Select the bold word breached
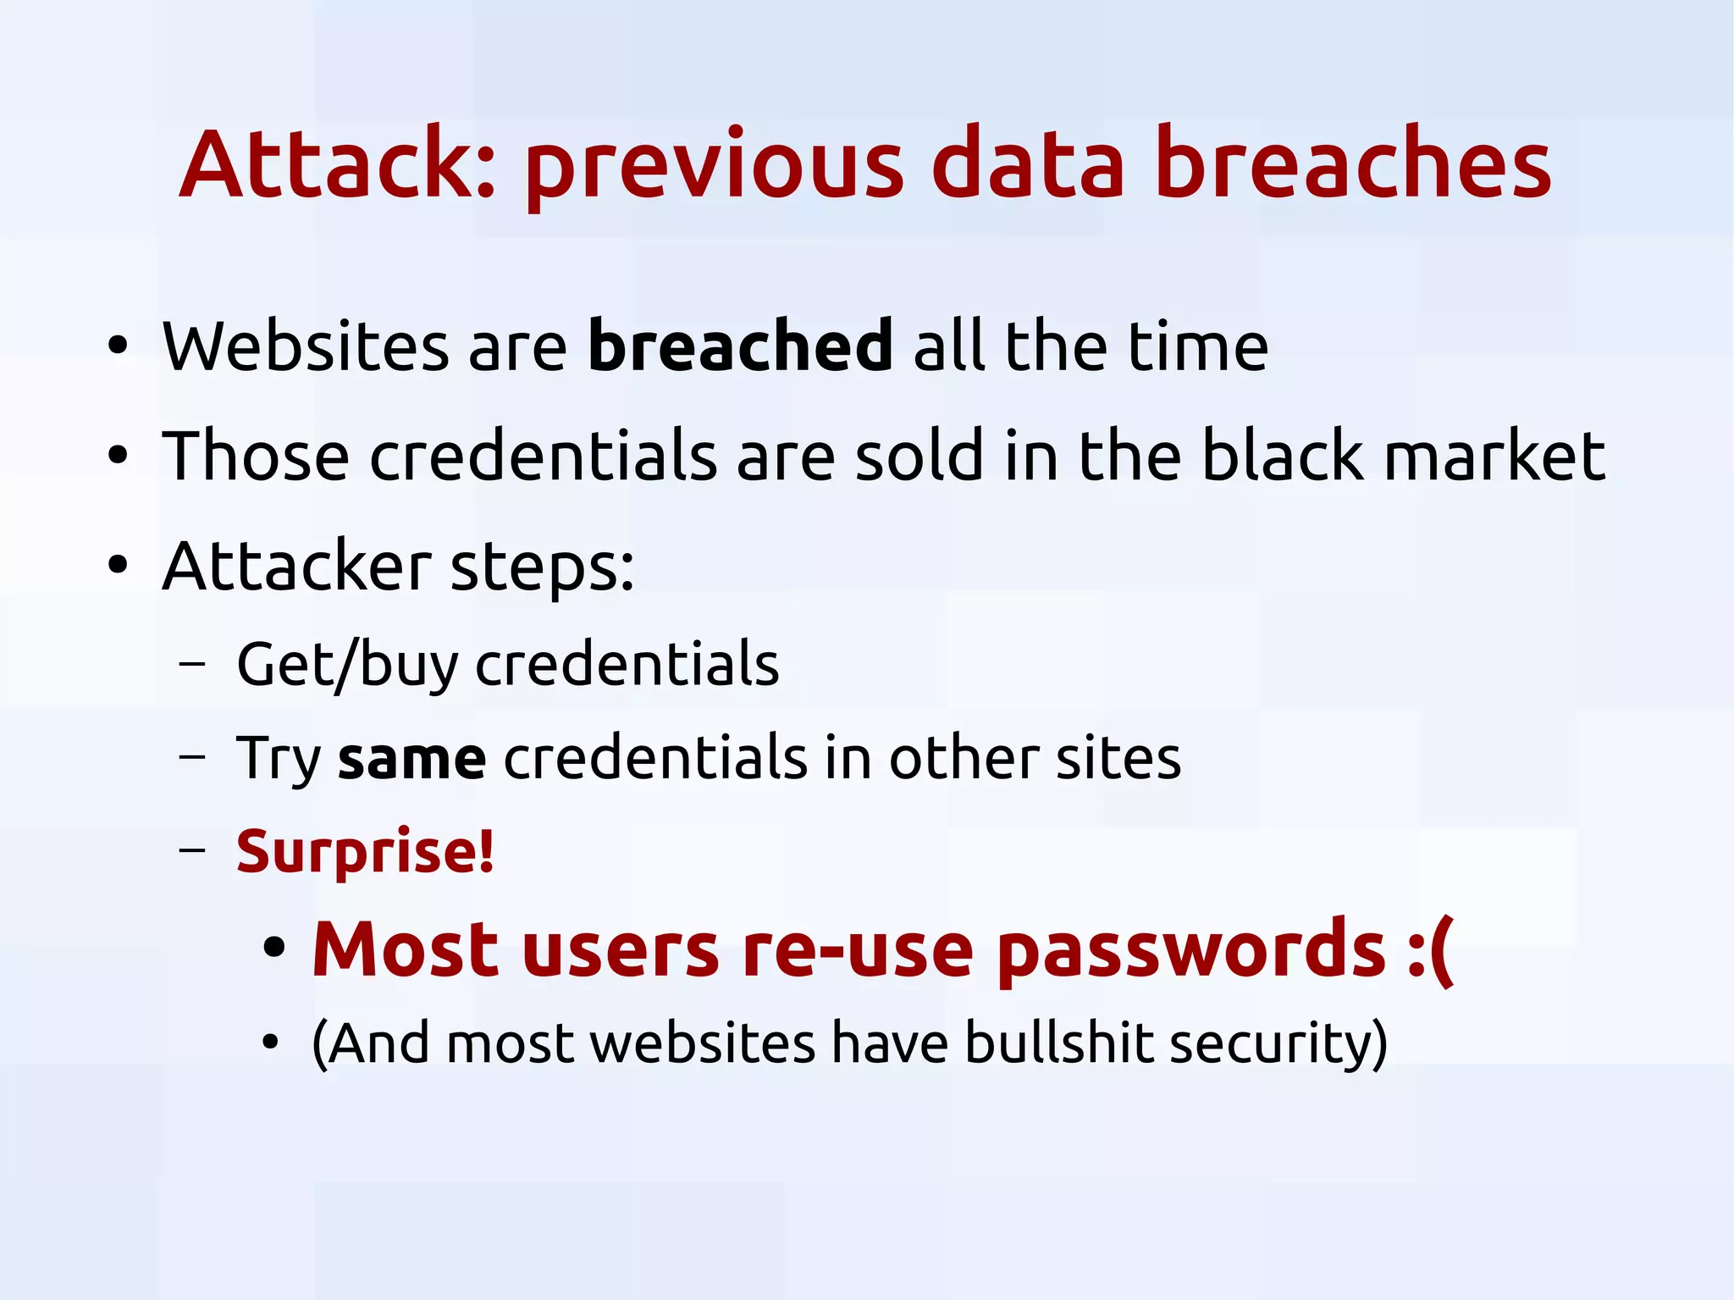[740, 346]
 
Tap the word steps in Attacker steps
[542, 567]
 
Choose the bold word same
[412, 759]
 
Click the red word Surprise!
[365, 851]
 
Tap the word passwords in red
[1190, 949]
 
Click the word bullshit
[1058, 1043]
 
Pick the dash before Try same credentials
[192, 756]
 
